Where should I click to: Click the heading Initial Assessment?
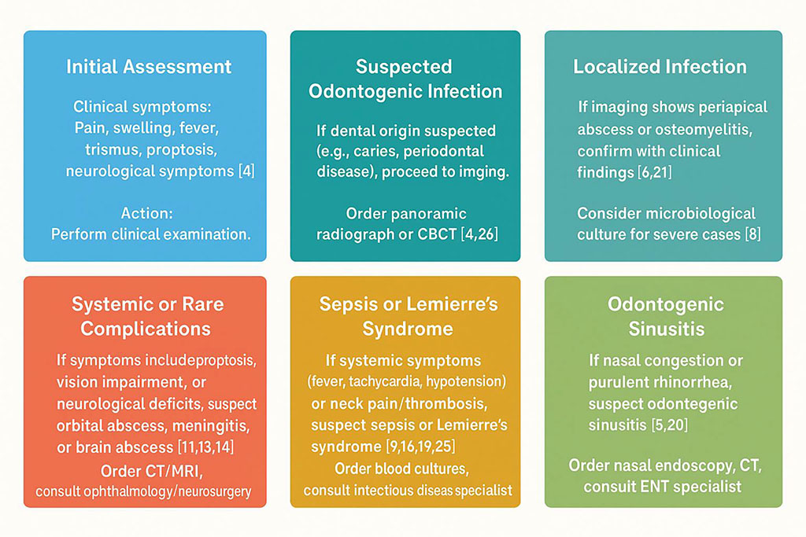[x=149, y=66]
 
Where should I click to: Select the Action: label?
[x=145, y=213]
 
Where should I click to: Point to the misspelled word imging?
[x=482, y=172]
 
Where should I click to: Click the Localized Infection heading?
[x=660, y=66]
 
